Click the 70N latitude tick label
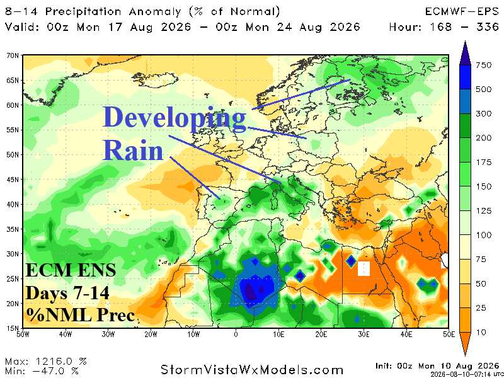click(x=13, y=55)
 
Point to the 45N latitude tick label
click(x=13, y=180)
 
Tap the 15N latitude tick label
click(x=13, y=328)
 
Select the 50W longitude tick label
click(x=23, y=335)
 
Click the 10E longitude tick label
click(x=278, y=335)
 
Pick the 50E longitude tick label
click(x=449, y=335)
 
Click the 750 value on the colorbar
click(x=484, y=66)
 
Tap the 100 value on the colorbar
click(x=484, y=235)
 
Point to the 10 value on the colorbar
click(x=481, y=333)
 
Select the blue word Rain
click(x=133, y=150)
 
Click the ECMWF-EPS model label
click(x=462, y=12)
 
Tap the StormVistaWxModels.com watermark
click(x=252, y=370)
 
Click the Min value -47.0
click(x=60, y=371)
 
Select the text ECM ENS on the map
click(x=71, y=270)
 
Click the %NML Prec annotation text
click(x=81, y=315)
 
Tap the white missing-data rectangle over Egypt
click(x=364, y=269)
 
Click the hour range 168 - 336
click(x=464, y=27)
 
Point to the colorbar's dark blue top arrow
click(x=465, y=53)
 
